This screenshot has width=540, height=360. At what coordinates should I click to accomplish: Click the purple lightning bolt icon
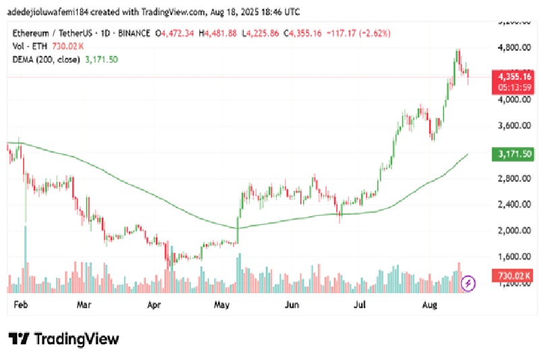(x=467, y=283)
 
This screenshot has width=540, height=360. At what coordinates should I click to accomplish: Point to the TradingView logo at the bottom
(x=64, y=338)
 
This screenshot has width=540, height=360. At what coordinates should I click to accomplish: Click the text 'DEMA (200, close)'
(x=46, y=59)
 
